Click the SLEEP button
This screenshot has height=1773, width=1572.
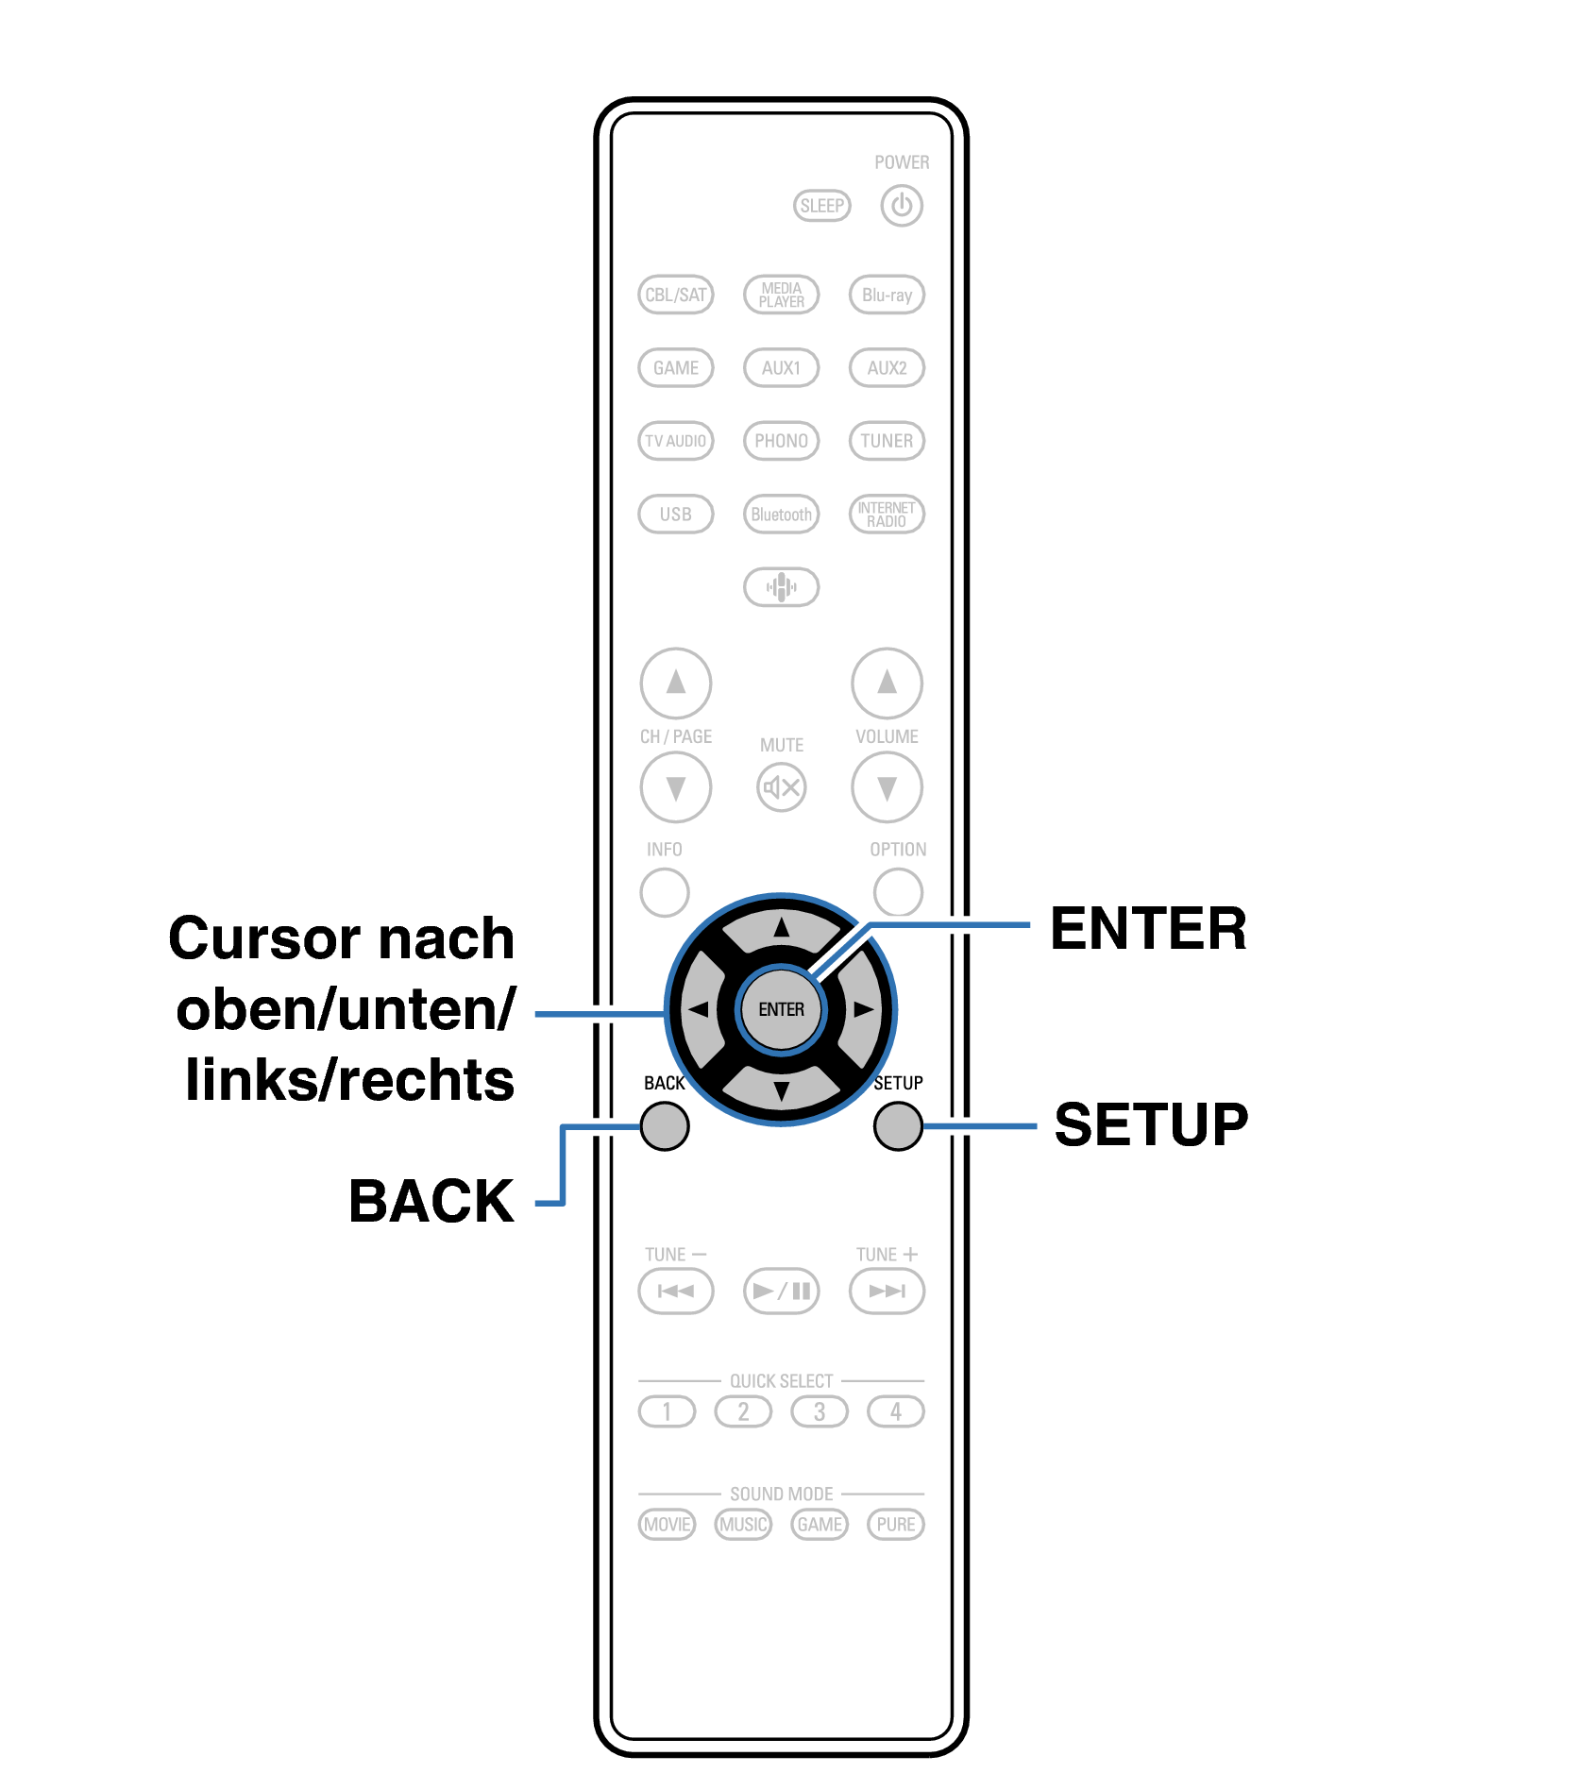821,206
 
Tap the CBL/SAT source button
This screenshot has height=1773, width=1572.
675,295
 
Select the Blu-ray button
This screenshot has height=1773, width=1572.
887,295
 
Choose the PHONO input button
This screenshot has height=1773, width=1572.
781,441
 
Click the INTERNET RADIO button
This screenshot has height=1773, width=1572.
887,515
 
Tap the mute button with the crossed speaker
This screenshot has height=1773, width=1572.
781,786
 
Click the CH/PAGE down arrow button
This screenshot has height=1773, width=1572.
675,786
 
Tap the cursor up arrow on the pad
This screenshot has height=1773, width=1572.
781,928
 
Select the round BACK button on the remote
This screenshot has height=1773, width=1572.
665,1126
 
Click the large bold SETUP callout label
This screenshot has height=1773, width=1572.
1150,1124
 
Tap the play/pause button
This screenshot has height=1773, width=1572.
781,1291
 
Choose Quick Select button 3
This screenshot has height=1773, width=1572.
819,1411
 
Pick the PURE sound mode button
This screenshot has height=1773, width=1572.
895,1524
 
